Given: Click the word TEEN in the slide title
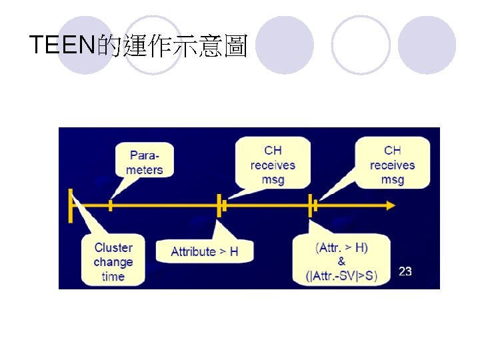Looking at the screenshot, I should (63, 45).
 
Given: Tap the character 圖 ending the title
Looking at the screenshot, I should (235, 46).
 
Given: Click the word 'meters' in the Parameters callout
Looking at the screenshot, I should (145, 169).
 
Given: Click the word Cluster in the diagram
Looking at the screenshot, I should (113, 247).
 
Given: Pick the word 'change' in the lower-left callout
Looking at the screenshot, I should (113, 262).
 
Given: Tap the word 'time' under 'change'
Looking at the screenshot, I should (113, 276).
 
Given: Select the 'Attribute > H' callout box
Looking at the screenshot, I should (204, 251).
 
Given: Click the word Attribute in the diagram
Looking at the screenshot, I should (193, 251).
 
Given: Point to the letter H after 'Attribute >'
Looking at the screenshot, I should (233, 251).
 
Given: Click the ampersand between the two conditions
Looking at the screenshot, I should (342, 261).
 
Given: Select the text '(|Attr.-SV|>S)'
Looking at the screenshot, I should (341, 275).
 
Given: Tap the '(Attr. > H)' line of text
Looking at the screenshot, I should (342, 247).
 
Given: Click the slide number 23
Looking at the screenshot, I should (405, 271).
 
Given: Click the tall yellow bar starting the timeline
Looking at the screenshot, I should (70, 205).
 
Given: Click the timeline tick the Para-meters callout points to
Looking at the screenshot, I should (111, 206).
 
